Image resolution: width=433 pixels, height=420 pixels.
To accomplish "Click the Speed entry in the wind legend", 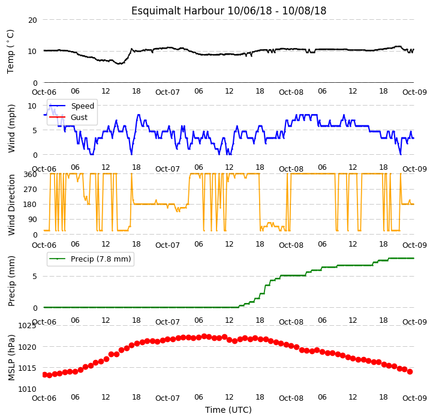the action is click(x=83, y=106).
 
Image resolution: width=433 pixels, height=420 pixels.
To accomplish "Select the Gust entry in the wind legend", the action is click(x=79, y=118).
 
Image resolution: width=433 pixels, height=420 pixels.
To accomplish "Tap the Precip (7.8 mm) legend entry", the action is click(x=101, y=259).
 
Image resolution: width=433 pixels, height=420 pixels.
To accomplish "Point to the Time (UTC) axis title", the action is click(x=228, y=410).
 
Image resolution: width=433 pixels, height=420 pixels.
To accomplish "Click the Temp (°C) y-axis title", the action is click(x=10, y=52).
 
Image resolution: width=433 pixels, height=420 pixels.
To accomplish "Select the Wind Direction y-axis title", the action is click(x=11, y=205).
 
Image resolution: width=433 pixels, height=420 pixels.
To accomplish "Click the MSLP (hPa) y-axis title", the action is click(x=11, y=358).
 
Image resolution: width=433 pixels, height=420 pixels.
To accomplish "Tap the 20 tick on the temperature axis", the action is click(x=32, y=20).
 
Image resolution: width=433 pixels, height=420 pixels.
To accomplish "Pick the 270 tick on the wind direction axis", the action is click(x=31, y=190).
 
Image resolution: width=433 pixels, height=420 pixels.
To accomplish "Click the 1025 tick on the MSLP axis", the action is click(x=27, y=326).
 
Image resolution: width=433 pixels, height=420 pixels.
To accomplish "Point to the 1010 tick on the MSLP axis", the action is click(x=27, y=389).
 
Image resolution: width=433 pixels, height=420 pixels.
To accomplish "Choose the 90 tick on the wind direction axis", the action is click(x=32, y=220).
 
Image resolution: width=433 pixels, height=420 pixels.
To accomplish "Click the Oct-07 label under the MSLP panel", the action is click(x=167, y=398).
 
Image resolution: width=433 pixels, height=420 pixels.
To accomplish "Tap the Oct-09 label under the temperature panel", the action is click(x=414, y=92).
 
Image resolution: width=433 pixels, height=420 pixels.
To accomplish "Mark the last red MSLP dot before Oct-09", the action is click(x=410, y=371).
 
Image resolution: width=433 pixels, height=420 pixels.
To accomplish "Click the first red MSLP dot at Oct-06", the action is click(x=44, y=374).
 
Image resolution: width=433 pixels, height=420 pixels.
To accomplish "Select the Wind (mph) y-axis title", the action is click(x=11, y=128).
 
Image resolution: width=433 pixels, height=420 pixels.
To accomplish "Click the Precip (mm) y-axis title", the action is click(x=11, y=281).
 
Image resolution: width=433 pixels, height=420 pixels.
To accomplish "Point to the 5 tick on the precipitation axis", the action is click(x=35, y=277).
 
